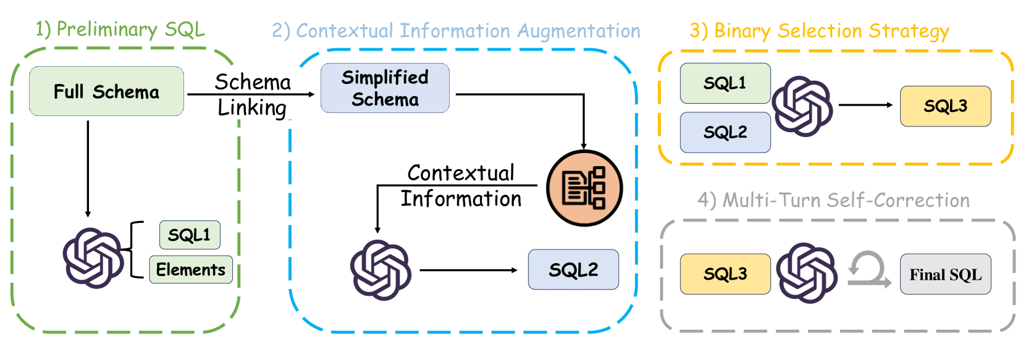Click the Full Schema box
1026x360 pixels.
(x=106, y=91)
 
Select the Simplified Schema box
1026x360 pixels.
(x=385, y=88)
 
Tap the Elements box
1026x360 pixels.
(x=190, y=270)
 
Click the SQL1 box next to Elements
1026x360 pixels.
(x=189, y=235)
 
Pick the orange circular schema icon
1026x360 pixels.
(x=584, y=188)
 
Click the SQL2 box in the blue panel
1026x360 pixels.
(x=573, y=270)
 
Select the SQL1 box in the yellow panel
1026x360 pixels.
(x=725, y=83)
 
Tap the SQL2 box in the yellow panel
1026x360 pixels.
(x=725, y=132)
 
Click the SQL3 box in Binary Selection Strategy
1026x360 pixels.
(x=945, y=106)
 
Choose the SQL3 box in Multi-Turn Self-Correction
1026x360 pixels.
(x=725, y=274)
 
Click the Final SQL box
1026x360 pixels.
(x=945, y=274)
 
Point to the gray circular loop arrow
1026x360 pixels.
(x=868, y=270)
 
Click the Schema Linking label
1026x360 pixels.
(x=252, y=94)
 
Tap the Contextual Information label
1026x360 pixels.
(x=461, y=186)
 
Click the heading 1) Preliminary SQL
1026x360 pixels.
(x=120, y=29)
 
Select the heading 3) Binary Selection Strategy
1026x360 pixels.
(x=819, y=31)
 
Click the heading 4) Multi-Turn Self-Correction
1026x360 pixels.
(x=833, y=200)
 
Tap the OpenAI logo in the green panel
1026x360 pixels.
(x=93, y=257)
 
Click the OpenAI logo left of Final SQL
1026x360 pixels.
(x=806, y=273)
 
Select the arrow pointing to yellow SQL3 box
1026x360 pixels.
(x=865, y=105)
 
